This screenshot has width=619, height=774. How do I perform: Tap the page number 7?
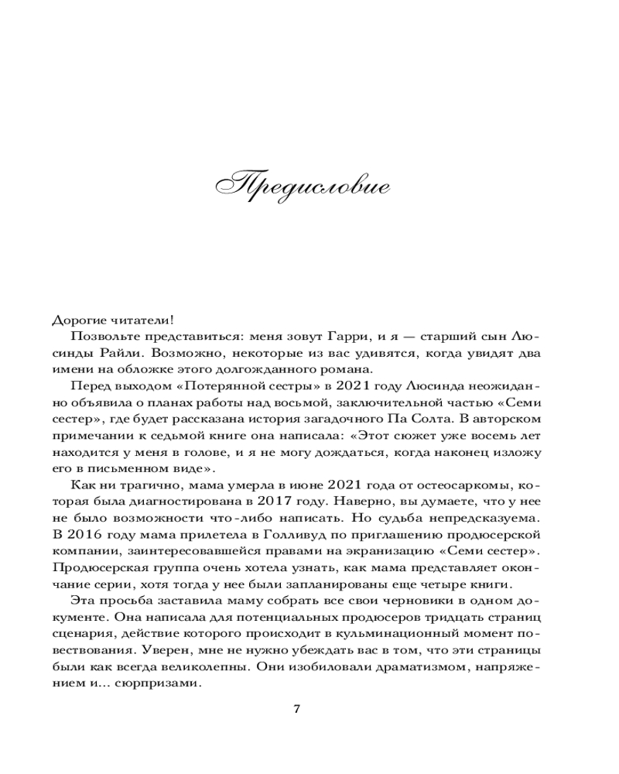coord(298,710)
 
